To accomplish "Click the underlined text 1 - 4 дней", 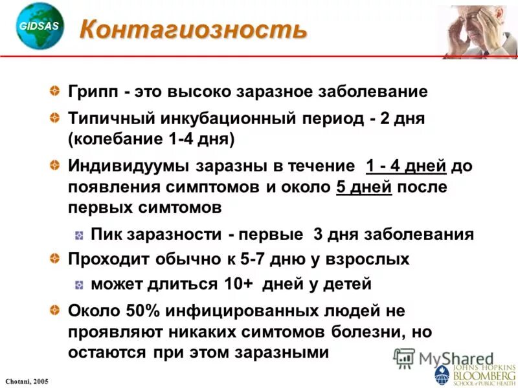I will (x=406, y=166).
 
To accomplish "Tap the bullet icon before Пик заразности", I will (x=78, y=234).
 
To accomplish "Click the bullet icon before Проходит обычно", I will (x=57, y=259).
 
